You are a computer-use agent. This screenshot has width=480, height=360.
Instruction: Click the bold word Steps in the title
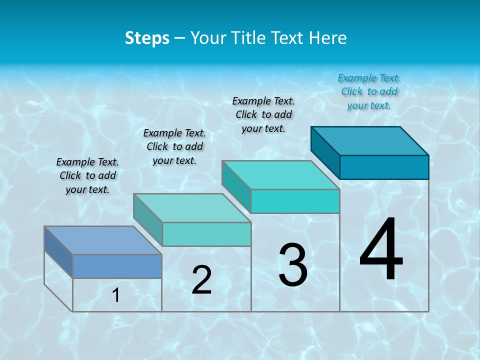click(147, 38)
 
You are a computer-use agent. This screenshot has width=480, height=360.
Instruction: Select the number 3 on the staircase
click(293, 265)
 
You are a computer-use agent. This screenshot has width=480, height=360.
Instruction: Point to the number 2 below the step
click(201, 280)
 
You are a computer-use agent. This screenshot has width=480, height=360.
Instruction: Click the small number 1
click(116, 295)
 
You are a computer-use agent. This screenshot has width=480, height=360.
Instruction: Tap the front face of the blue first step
click(117, 266)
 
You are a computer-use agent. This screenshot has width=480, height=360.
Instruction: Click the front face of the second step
click(206, 234)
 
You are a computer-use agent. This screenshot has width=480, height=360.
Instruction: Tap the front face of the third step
click(295, 201)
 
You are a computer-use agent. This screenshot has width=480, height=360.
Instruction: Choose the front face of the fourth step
click(384, 167)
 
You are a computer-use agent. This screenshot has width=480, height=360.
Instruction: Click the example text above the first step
click(87, 175)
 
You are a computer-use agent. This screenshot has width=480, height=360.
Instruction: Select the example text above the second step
click(174, 146)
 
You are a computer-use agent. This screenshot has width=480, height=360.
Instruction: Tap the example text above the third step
click(263, 114)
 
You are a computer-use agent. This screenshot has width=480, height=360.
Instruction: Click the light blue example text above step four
click(369, 91)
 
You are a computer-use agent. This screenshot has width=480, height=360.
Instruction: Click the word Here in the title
click(328, 38)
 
